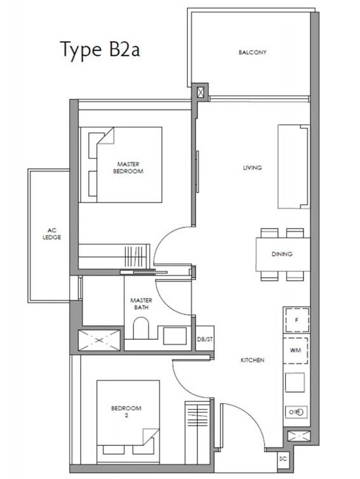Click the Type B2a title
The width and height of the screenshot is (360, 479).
coord(100,50)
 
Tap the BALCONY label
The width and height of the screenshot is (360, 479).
coord(253,52)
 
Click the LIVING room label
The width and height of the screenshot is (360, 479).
coord(252,168)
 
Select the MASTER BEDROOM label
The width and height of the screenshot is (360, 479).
coord(128,168)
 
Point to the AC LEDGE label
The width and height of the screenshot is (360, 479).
coord(51,234)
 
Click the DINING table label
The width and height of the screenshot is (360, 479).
coord(282,254)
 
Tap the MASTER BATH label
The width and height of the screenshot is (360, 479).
coord(141,304)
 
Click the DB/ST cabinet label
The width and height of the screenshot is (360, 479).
coord(205,339)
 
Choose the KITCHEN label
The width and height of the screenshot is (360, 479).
coord(253,360)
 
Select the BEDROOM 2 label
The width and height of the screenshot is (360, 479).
coord(126,412)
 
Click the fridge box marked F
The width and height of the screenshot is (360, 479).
coord(297,320)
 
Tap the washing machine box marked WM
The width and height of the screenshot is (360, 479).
coord(295,351)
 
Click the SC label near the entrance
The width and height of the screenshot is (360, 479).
coord(283,459)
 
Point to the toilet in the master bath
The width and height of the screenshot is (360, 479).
coord(141,328)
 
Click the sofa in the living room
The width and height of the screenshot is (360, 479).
coord(293,167)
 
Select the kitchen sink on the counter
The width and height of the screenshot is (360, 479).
coord(295,382)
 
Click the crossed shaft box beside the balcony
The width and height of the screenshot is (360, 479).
coord(200,92)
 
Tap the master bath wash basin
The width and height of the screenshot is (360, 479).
coord(175,336)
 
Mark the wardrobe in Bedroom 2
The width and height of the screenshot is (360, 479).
coord(197,432)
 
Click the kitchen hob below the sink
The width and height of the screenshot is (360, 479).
coord(296,412)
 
